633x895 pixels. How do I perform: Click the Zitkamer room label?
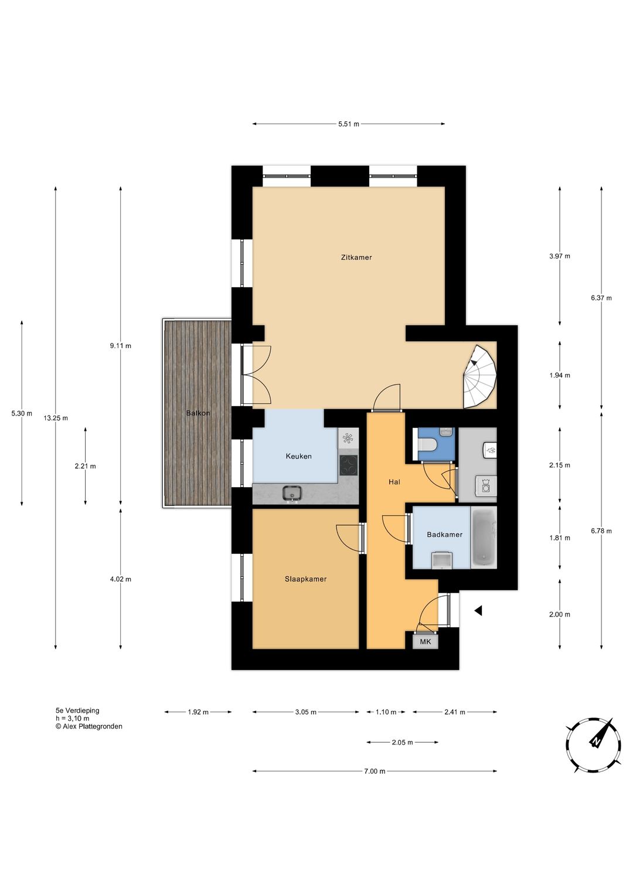(x=356, y=257)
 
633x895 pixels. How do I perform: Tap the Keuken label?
(x=298, y=456)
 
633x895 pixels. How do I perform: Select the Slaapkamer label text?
(x=306, y=579)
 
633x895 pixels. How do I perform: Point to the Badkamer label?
(x=444, y=535)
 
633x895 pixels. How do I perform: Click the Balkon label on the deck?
(x=198, y=413)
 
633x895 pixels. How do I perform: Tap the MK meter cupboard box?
(x=426, y=642)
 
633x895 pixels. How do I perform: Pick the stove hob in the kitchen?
(x=349, y=466)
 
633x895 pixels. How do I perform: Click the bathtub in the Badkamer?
(x=484, y=537)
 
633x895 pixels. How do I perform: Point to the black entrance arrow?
(x=478, y=611)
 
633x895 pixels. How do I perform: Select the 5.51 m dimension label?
(x=349, y=124)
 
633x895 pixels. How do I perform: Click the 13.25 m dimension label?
(x=56, y=418)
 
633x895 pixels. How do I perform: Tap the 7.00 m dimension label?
(x=375, y=771)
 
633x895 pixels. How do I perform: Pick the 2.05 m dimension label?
(x=402, y=743)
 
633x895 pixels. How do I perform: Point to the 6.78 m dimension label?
(x=601, y=531)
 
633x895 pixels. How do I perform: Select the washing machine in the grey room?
(x=486, y=486)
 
